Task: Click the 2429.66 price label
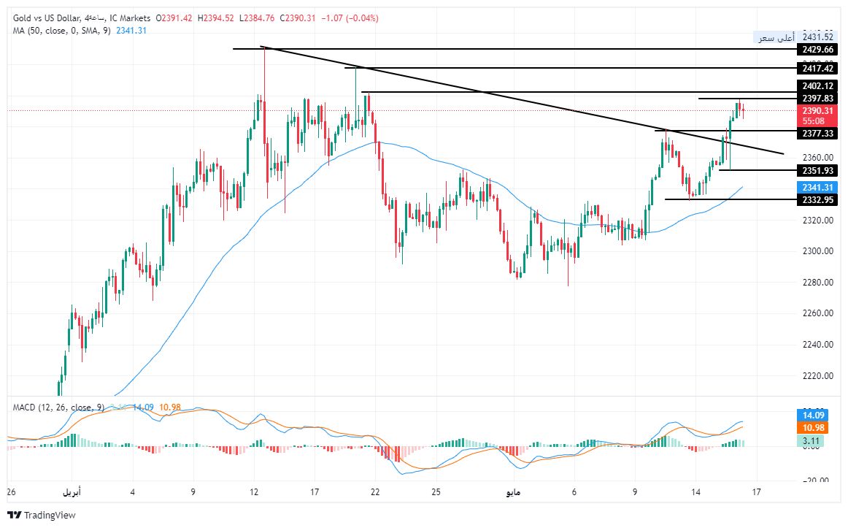(817, 49)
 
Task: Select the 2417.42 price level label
(817, 68)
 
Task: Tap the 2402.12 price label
(817, 86)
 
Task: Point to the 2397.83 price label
(817, 99)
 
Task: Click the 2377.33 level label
(817, 134)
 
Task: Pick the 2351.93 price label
(817, 171)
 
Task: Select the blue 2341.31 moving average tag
(817, 188)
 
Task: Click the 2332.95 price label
(817, 200)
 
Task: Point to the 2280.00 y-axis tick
(817, 283)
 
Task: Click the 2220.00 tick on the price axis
(817, 376)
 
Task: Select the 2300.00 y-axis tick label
(817, 251)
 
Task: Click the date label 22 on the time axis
(375, 492)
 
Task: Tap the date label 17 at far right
(757, 492)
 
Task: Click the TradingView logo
(45, 515)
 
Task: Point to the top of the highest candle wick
(263, 47)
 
